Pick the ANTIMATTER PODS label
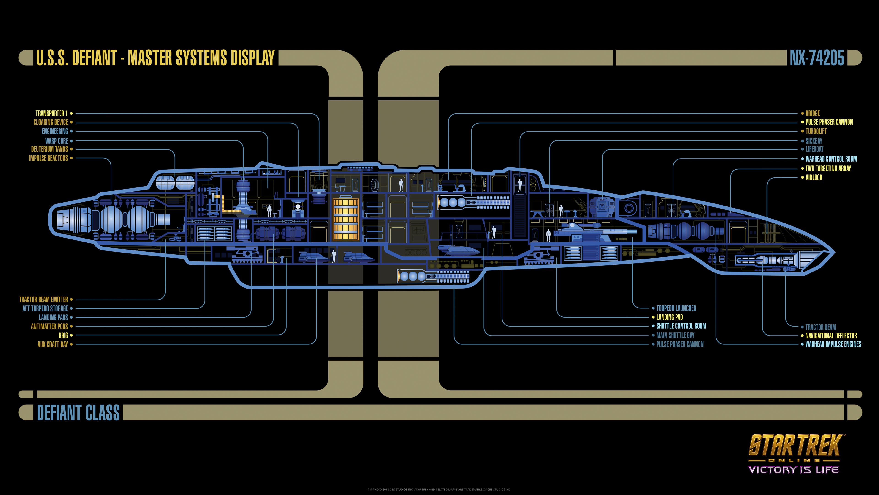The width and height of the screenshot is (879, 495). (49, 327)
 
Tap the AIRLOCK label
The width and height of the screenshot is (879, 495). (814, 178)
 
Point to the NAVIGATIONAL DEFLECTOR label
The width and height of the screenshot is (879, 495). (831, 336)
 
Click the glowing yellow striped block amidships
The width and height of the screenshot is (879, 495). (345, 219)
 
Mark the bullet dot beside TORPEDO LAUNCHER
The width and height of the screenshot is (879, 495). (653, 308)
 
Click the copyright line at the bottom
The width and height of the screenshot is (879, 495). (439, 489)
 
